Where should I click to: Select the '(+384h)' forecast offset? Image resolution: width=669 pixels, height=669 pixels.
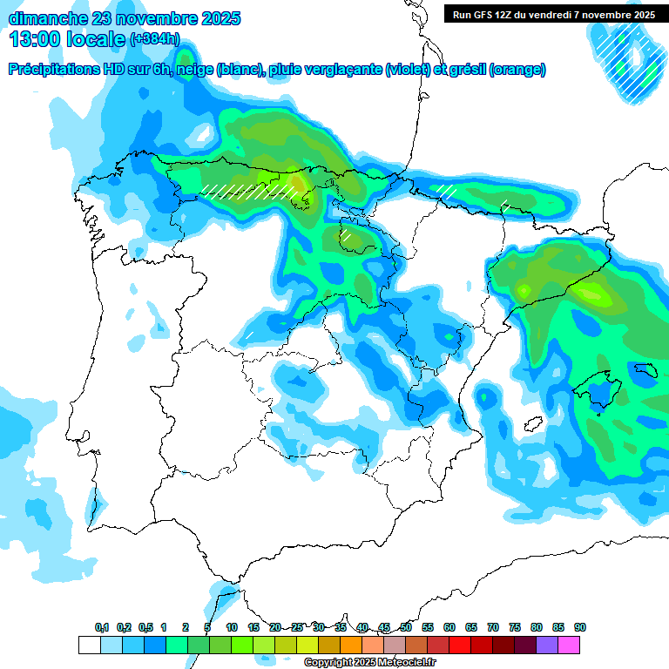click(154, 39)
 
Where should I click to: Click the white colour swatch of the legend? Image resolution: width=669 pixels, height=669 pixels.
click(89, 645)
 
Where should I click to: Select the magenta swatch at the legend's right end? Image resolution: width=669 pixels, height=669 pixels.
click(569, 645)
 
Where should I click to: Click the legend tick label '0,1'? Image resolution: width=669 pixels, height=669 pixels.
click(102, 627)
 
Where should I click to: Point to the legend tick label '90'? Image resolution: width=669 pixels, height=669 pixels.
click(580, 627)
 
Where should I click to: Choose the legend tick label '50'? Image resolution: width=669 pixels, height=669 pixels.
click(406, 627)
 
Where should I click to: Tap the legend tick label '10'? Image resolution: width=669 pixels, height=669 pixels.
click(232, 627)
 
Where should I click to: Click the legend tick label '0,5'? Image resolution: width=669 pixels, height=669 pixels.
click(145, 627)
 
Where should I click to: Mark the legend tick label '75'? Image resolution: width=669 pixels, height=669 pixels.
click(515, 627)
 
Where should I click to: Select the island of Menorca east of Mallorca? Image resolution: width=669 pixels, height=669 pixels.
click(646, 369)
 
